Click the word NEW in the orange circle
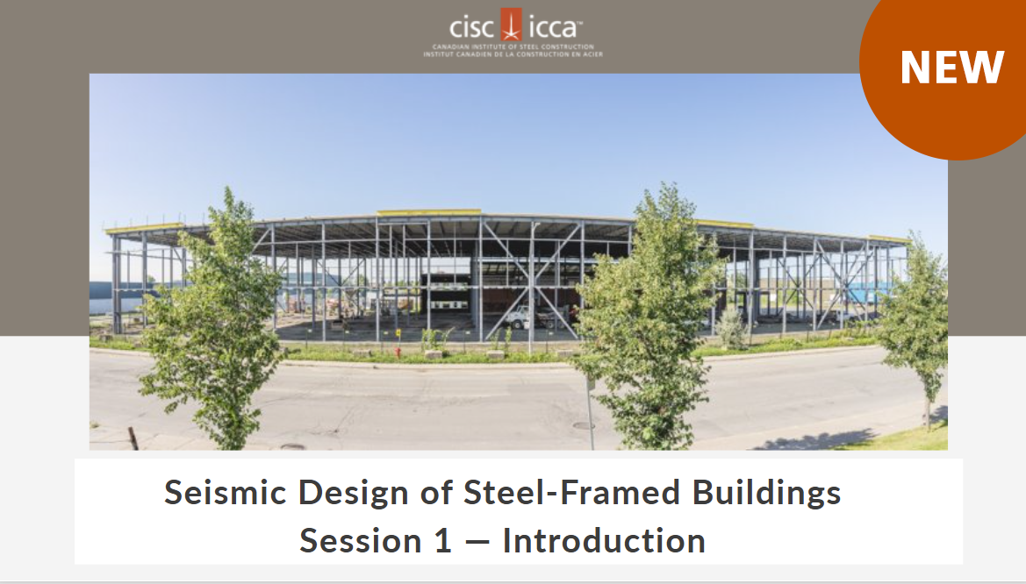(951, 68)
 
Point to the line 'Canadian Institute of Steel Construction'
(513, 46)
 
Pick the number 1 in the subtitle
(442, 540)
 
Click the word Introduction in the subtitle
(604, 540)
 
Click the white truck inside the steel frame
(520, 317)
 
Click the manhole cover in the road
(583, 425)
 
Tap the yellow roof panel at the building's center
(429, 212)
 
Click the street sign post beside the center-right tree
(591, 412)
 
